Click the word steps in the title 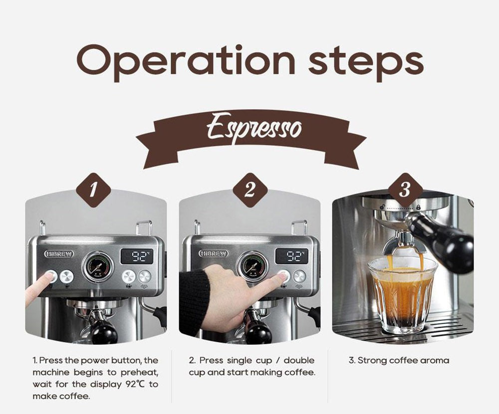tap(366, 61)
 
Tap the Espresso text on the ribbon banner tap(254, 127)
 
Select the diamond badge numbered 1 tap(93, 190)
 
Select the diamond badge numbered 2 tap(250, 190)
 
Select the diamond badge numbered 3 tap(405, 190)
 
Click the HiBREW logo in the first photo tap(59, 254)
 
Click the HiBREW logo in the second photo tap(215, 254)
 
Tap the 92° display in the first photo tap(136, 256)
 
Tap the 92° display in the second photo tap(291, 256)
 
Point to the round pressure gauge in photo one tap(97, 266)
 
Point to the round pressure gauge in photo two tap(252, 266)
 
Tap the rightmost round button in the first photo tap(144, 276)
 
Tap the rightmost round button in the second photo tap(299, 276)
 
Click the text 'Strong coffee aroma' tap(399, 360)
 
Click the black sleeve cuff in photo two tap(195, 302)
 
